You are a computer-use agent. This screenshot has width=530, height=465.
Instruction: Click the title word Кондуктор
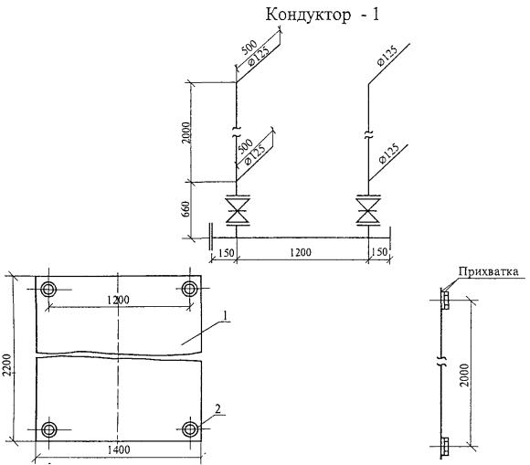pyautogui.click(x=308, y=16)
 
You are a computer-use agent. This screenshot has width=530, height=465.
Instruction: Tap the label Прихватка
pyautogui.click(x=489, y=271)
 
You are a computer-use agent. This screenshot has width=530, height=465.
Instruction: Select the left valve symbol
pyautogui.click(x=238, y=210)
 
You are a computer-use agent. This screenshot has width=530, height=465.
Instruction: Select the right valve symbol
pyautogui.click(x=368, y=210)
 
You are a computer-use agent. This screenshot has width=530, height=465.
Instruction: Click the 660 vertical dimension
pyautogui.click(x=185, y=210)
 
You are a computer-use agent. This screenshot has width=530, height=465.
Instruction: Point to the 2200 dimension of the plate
pyautogui.click(x=7, y=365)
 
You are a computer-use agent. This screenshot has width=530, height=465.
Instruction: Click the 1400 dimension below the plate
pyautogui.click(x=119, y=449)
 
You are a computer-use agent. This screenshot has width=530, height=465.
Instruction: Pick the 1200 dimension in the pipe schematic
pyautogui.click(x=301, y=252)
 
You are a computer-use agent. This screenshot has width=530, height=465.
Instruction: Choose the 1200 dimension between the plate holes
pyautogui.click(x=118, y=300)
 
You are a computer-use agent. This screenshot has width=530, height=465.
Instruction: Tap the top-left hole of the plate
pyautogui.click(x=48, y=290)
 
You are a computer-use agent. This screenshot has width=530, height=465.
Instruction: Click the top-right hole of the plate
pyautogui.click(x=190, y=289)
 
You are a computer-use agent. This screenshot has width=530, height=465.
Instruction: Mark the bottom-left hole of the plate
pyautogui.click(x=49, y=429)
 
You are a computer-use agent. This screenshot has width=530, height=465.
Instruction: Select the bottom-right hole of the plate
pyautogui.click(x=190, y=429)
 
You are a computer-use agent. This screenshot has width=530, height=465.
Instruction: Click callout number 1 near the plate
pyautogui.click(x=225, y=315)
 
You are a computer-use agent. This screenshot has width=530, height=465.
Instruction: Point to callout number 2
pyautogui.click(x=218, y=409)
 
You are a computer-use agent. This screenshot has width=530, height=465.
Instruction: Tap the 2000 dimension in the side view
pyautogui.click(x=465, y=375)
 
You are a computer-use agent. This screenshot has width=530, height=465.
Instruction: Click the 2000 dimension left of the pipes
pyautogui.click(x=185, y=132)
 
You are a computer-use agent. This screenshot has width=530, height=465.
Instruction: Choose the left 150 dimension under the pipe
pyautogui.click(x=227, y=253)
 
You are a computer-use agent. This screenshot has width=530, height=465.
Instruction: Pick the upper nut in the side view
pyautogui.click(x=446, y=301)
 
